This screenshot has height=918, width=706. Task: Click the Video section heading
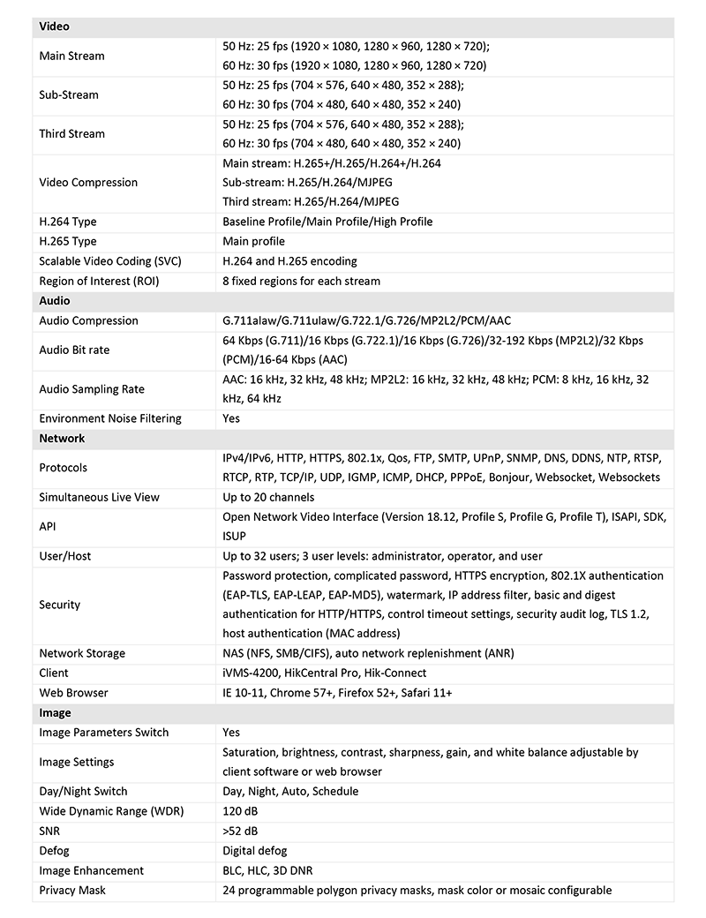pyautogui.click(x=55, y=26)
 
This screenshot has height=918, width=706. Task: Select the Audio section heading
pyautogui.click(x=55, y=301)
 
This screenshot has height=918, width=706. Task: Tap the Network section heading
pyautogui.click(x=62, y=438)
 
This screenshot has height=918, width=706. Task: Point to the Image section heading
pyautogui.click(x=56, y=712)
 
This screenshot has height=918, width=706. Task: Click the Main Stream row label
pyautogui.click(x=71, y=56)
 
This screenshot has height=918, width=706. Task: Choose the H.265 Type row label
pyautogui.click(x=68, y=241)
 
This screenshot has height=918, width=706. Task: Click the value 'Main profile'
pyautogui.click(x=253, y=241)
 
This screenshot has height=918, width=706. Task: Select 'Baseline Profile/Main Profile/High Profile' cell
pyautogui.click(x=327, y=222)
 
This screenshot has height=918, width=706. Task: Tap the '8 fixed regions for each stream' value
pyautogui.click(x=301, y=281)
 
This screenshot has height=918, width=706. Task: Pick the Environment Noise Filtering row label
pyautogui.click(x=110, y=418)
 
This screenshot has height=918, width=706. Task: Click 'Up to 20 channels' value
pyautogui.click(x=268, y=497)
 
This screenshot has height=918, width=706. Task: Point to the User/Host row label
pyautogui.click(x=65, y=556)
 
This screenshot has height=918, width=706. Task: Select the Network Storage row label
pyautogui.click(x=82, y=653)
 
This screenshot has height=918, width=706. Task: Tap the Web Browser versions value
pyautogui.click(x=337, y=693)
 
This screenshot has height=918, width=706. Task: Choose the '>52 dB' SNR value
pyautogui.click(x=240, y=831)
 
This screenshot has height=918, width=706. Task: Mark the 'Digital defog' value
pyautogui.click(x=254, y=851)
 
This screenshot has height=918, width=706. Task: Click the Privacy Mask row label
pyautogui.click(x=72, y=890)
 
